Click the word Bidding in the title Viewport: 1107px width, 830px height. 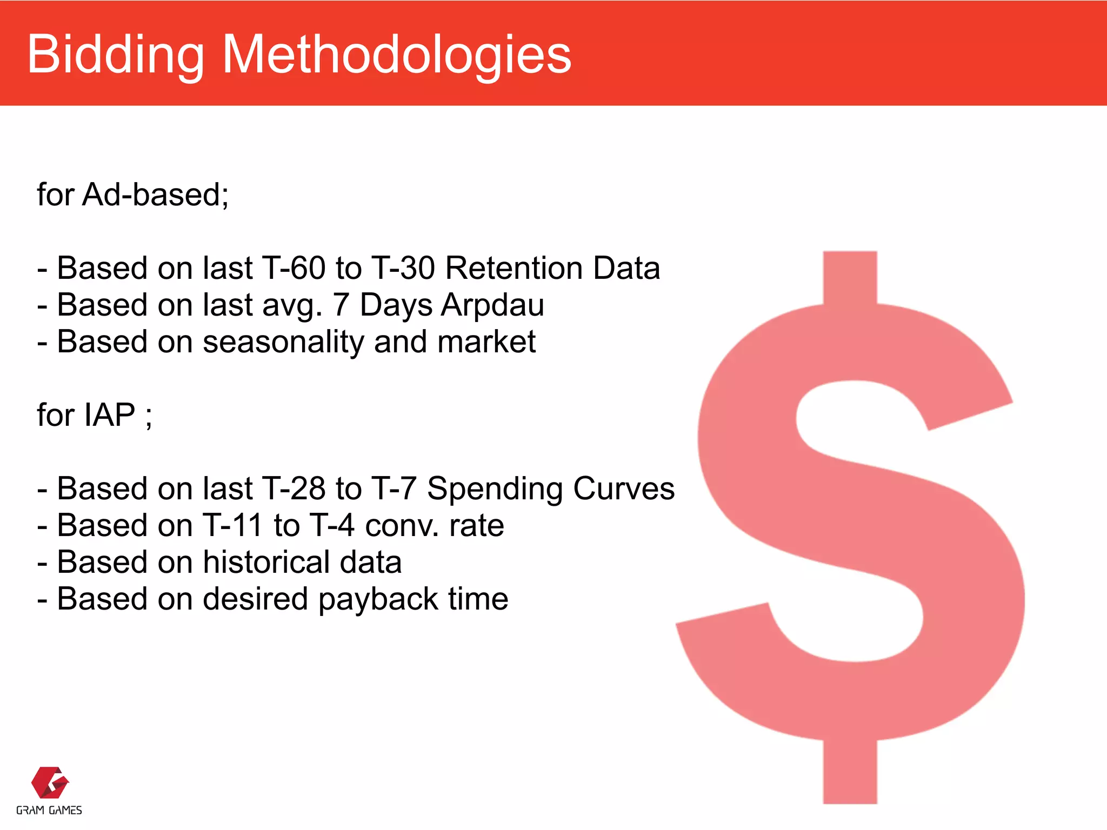(116, 55)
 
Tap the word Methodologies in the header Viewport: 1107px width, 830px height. (396, 55)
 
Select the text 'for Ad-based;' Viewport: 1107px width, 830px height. (133, 195)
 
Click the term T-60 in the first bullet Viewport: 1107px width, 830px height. (293, 268)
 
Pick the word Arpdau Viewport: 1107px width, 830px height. (492, 305)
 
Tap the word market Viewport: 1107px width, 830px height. (486, 343)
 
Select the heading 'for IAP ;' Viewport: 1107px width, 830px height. (95, 416)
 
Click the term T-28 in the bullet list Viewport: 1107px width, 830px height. (293, 489)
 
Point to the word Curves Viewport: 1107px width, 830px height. (623, 489)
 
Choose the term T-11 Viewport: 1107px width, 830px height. (232, 526)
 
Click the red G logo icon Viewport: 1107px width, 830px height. (50, 782)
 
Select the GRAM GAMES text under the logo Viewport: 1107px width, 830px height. (49, 810)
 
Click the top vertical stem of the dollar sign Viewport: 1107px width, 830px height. (850, 276)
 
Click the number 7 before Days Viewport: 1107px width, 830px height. (341, 305)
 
